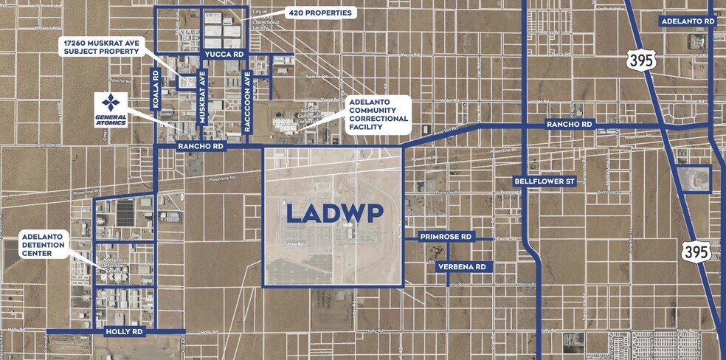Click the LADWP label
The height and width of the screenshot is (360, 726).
pos(333,213)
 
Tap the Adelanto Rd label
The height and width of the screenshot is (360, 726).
pos(688,21)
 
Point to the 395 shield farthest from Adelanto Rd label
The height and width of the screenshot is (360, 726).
pos(696,251)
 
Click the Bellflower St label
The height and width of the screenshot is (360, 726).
pos(544,181)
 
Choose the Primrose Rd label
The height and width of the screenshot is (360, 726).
pos(445,237)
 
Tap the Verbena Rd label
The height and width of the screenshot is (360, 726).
pos(460,266)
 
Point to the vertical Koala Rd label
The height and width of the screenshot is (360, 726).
pos(155,90)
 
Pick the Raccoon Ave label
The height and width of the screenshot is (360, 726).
pos(248,100)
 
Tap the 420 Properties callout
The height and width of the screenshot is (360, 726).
pos(321,13)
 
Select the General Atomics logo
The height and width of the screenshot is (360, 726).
pos(110,109)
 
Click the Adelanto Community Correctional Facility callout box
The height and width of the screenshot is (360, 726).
pos(377,114)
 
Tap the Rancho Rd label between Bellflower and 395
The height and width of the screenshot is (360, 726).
pos(570,125)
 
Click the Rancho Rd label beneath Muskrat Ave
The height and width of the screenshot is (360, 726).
pos(201,147)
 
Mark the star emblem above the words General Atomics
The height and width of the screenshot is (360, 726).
pos(110,103)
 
